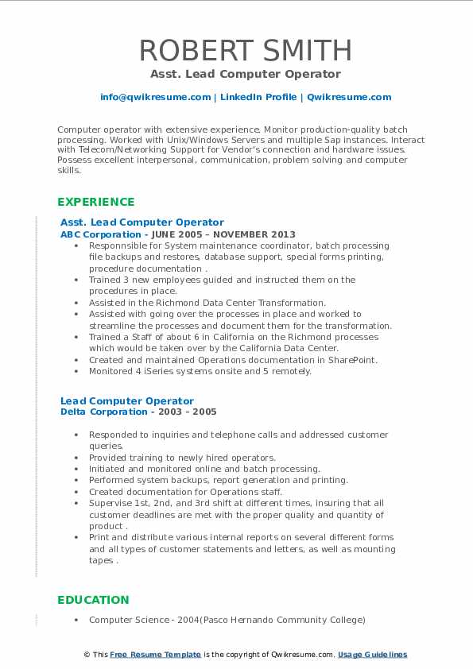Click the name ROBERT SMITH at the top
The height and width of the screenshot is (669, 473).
[x=246, y=50]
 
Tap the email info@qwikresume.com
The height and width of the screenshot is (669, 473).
[x=156, y=97]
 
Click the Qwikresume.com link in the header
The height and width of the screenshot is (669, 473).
[x=349, y=97]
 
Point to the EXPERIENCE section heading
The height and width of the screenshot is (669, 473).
[x=96, y=202]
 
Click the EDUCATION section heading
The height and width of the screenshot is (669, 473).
[x=93, y=600]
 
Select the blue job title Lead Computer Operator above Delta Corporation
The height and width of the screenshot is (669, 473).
[x=127, y=400]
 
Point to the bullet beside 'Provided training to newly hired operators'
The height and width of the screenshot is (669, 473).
[x=75, y=458]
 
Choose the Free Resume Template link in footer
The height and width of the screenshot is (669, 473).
[x=156, y=655]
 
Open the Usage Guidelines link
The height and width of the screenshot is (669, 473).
[x=372, y=655]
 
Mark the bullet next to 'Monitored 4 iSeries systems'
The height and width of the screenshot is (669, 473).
[x=75, y=371]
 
